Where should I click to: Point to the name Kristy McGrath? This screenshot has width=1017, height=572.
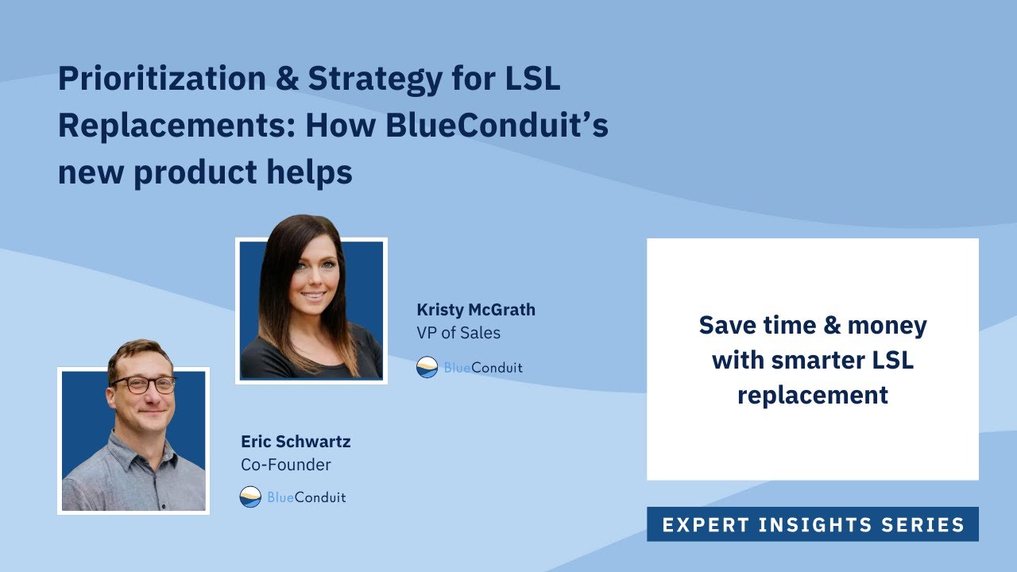476,310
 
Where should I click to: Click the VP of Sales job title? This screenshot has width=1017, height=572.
458,333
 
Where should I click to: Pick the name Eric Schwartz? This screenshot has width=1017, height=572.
296,442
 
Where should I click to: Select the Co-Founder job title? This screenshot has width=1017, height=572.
286,465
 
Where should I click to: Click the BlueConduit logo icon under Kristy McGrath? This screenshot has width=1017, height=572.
427,367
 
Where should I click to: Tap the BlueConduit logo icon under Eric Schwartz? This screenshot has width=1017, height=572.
250,497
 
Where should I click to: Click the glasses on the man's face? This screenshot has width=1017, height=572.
143,384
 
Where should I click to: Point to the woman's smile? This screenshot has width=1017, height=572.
314,296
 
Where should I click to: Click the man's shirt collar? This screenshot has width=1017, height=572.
135,442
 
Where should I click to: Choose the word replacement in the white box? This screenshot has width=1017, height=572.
812,395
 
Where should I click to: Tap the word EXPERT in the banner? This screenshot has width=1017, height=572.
706,525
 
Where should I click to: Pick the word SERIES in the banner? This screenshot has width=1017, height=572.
926,525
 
